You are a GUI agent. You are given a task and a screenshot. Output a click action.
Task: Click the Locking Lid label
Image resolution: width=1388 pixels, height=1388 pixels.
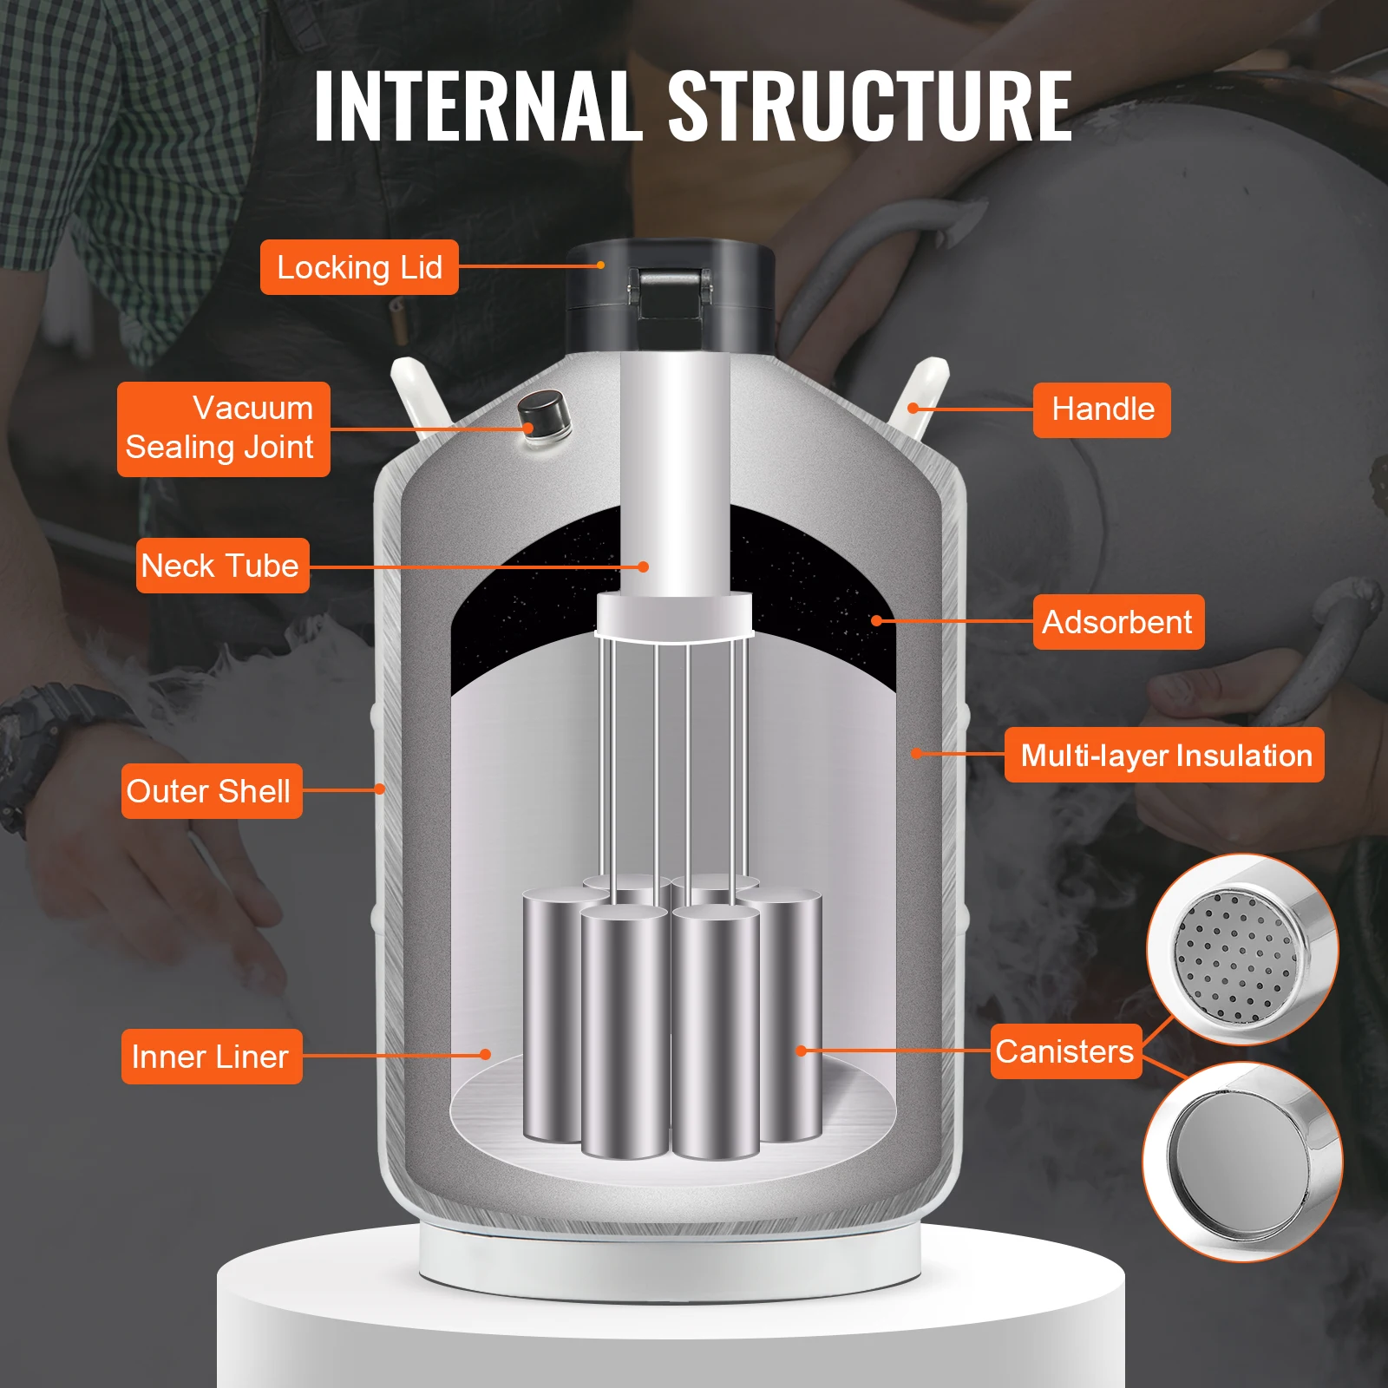359,267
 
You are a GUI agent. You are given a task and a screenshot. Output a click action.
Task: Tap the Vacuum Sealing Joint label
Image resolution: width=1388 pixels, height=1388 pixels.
223,429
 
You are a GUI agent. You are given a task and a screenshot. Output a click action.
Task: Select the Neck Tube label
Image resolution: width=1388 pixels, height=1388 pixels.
222,566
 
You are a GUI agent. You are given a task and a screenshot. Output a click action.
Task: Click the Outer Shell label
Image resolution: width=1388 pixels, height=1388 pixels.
211,791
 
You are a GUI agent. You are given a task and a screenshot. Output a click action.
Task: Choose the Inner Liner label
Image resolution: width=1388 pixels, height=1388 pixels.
211,1057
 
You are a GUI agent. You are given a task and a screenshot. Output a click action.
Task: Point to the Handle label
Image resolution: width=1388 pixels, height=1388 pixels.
1102,409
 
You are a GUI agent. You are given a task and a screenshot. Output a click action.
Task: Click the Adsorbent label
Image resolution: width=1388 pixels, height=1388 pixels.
1118,622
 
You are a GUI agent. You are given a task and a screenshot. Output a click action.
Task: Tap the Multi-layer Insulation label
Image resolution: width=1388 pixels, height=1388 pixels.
1164,755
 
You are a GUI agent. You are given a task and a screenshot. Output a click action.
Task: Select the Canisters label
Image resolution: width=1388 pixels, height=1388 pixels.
1065,1051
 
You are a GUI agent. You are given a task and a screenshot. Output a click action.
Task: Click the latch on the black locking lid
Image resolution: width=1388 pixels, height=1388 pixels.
669,296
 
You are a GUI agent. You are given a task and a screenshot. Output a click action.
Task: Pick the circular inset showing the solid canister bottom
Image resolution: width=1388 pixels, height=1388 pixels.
1242,1161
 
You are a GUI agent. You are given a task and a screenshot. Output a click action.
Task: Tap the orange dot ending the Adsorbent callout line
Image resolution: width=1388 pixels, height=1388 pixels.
876,620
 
